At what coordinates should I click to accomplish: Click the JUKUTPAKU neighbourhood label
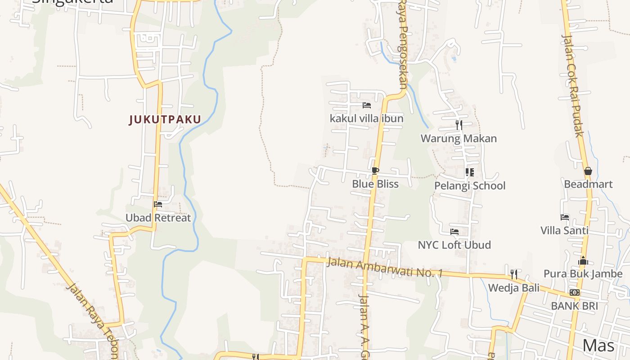coord(165,120)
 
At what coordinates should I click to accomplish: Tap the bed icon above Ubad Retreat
coord(158,204)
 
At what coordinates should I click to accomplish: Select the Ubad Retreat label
coord(158,218)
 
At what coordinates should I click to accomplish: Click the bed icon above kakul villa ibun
coord(367,105)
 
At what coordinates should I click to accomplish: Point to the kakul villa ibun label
coord(366,119)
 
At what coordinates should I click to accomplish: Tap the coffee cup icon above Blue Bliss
coord(375,171)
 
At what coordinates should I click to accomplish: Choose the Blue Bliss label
coord(375,184)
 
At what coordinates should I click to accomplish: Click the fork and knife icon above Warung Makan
coord(459,125)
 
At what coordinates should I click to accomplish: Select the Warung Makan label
coord(459,139)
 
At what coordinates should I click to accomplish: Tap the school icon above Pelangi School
coord(470,172)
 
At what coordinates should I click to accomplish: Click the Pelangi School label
coord(470,185)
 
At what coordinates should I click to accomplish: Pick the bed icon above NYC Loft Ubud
coord(454,232)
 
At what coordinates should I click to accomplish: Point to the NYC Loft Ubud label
coord(454,245)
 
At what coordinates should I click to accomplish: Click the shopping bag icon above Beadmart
coord(588,171)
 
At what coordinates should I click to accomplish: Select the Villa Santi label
coord(564,231)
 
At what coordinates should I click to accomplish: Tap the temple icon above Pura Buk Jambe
coord(583,261)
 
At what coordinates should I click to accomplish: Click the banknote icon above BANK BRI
coord(575,292)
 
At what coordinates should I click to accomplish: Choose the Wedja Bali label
coord(513,288)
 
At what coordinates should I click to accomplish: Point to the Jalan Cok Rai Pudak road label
coord(572,85)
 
